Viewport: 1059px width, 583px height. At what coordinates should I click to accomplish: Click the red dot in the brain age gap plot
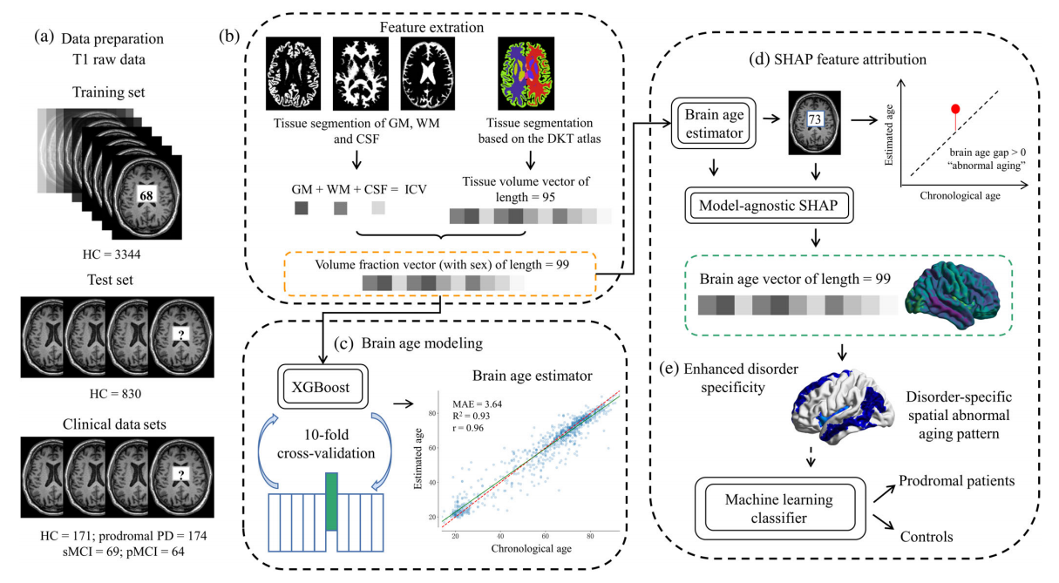(x=955, y=109)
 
